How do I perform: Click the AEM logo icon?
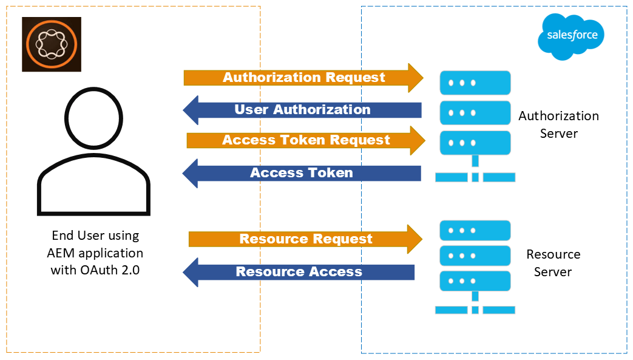pos(51,44)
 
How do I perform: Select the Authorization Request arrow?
pos(303,78)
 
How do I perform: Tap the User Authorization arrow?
pos(302,110)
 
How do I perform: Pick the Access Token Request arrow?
pos(305,140)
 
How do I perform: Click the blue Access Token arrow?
pos(302,173)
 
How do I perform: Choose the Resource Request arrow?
pos(305,239)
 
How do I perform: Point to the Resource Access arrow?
pos(299,272)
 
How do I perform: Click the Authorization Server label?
pos(558,124)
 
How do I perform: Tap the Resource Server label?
pos(553,262)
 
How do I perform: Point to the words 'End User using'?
pos(95,235)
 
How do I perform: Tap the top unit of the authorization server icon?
pos(475,82)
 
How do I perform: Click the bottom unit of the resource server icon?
pos(475,281)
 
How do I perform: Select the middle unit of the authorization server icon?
pos(475,112)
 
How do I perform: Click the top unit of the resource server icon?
pos(475,231)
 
